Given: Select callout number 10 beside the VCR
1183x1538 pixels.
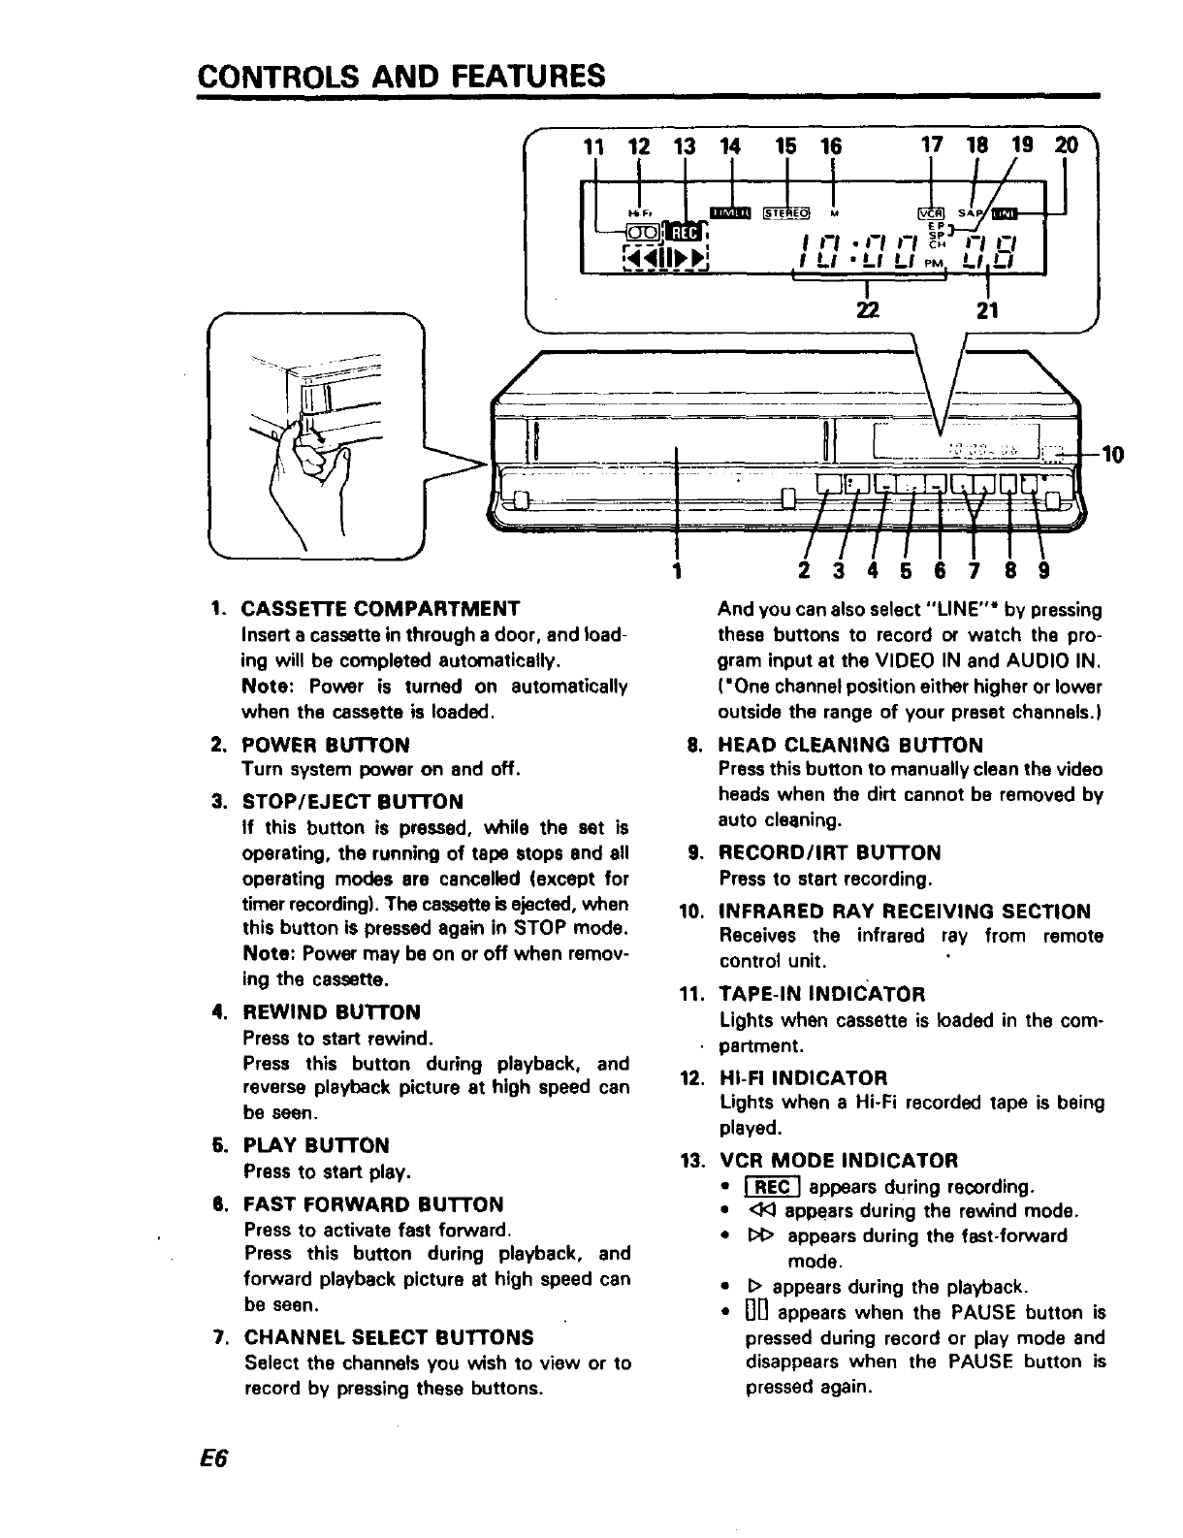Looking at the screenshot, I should (x=1113, y=454).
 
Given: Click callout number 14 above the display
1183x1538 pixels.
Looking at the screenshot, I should (x=731, y=146).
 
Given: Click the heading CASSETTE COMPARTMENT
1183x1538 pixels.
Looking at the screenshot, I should (x=380, y=610).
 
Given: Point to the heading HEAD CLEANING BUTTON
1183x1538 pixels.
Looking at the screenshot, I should (x=849, y=745).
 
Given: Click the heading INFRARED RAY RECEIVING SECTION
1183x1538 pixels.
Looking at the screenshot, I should (x=904, y=912).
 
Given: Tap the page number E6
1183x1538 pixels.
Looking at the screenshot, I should (x=213, y=1460).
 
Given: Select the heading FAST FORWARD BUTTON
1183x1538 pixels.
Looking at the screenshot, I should (x=373, y=1205).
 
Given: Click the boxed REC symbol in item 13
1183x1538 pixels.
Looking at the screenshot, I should (x=772, y=1187).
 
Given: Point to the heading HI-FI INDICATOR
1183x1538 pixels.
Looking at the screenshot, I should (x=803, y=1078).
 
